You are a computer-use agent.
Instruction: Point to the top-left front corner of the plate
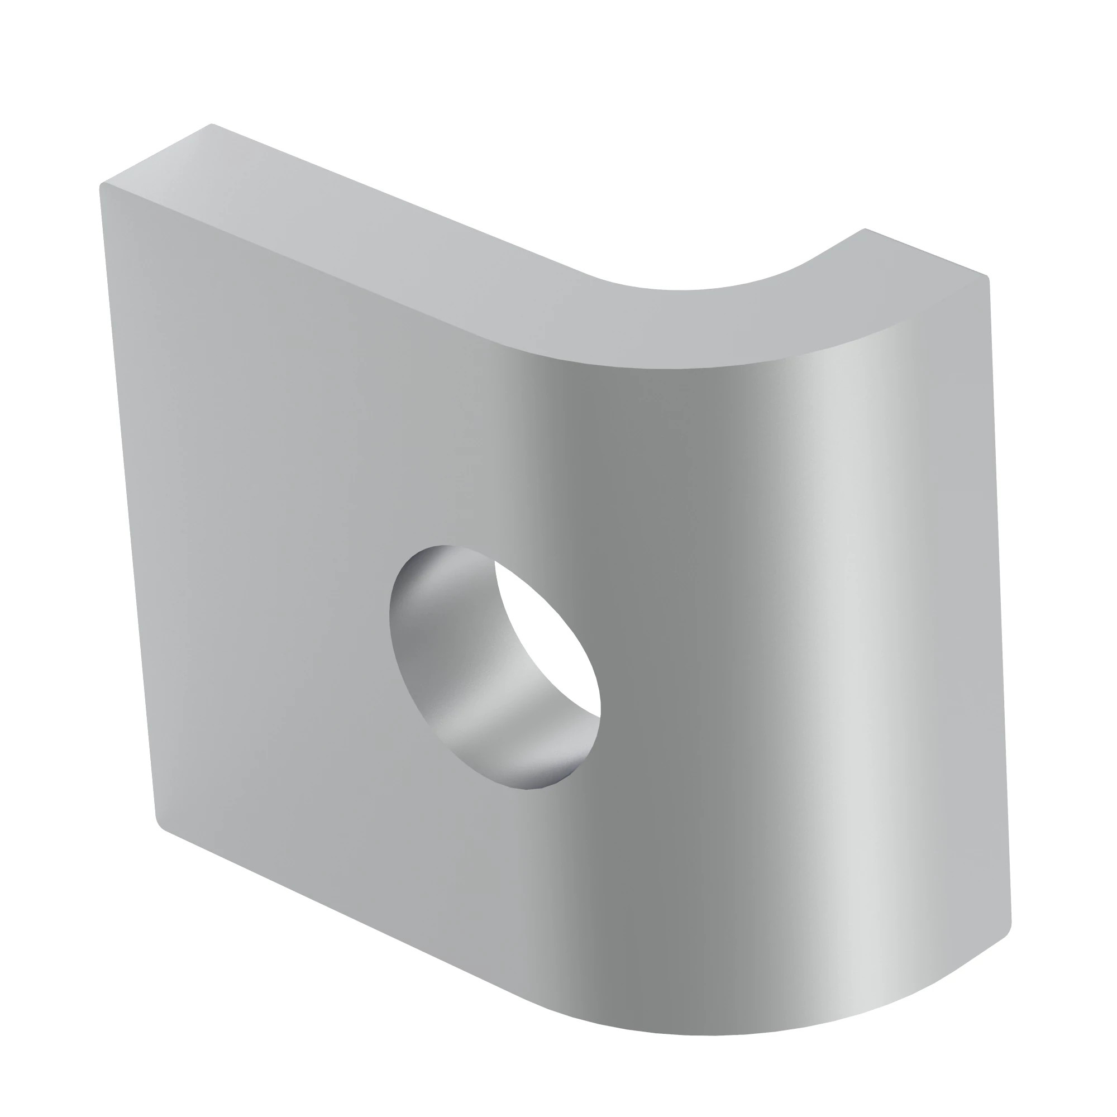coord(102,186)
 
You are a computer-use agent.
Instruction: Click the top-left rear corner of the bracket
coord(212,125)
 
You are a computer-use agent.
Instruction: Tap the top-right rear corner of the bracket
coord(864,230)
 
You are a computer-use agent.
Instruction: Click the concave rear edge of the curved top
coord(694,289)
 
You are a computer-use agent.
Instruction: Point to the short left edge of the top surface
coord(156,155)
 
